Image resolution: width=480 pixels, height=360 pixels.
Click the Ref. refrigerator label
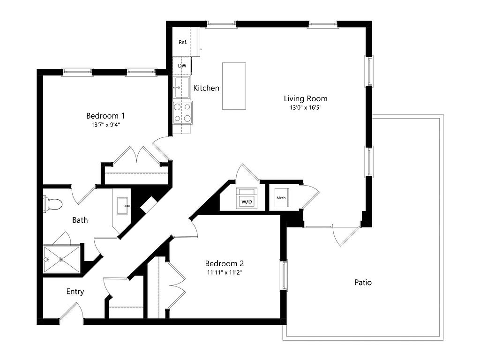point(183,42)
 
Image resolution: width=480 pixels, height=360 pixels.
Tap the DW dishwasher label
point(182,66)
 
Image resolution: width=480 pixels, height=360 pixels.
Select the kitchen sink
point(181,87)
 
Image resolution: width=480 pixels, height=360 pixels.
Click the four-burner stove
point(182,112)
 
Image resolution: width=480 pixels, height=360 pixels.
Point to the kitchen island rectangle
point(234,86)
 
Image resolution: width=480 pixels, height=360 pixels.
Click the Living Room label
point(306,98)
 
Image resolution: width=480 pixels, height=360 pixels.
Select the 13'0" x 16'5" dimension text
point(306,107)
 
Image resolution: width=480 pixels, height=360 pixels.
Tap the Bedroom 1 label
point(105,116)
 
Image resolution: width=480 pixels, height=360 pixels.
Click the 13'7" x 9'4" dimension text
point(105,125)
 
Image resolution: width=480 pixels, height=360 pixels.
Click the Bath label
point(80,220)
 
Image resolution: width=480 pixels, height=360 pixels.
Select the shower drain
point(62,260)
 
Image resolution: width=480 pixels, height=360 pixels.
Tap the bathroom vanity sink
point(124,206)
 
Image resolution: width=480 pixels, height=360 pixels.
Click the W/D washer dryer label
point(247,202)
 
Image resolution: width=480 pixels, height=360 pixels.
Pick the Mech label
point(281,198)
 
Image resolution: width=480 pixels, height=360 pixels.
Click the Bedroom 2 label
point(225,263)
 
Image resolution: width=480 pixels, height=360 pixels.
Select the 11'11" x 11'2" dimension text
point(225,272)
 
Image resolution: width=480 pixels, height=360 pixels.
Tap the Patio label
point(363,282)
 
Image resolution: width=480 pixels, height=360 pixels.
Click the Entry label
point(75,292)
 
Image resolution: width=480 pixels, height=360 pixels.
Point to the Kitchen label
point(206,88)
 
